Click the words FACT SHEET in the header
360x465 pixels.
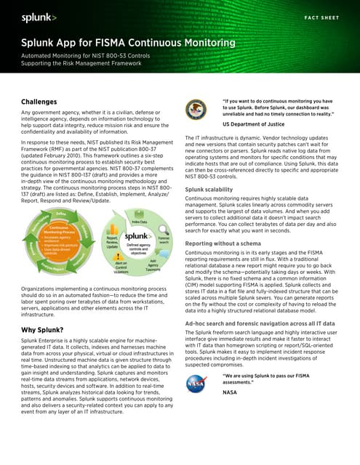321,16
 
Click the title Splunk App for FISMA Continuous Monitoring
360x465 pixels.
127,43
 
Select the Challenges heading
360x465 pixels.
42,102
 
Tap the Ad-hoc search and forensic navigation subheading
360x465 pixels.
260,323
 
